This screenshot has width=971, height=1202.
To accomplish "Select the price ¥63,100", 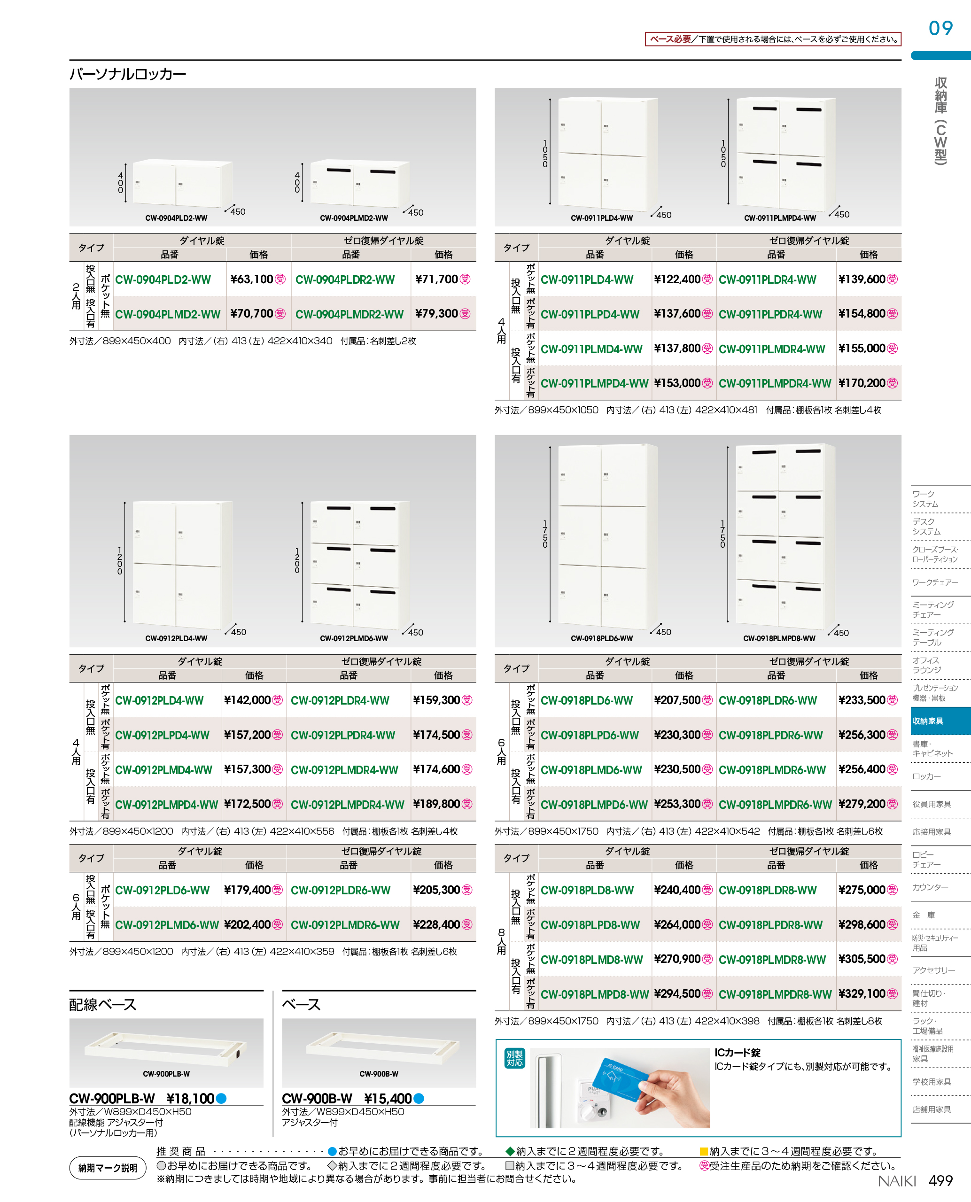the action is click(x=251, y=279).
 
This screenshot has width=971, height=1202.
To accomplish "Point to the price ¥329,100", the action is click(x=862, y=993).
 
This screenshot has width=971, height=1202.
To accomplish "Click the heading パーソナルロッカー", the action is click(x=127, y=74).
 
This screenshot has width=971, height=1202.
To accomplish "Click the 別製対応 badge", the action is click(x=514, y=1058).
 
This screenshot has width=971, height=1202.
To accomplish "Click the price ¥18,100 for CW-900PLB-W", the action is click(x=190, y=1099).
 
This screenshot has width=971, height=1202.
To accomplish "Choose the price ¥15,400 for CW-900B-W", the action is click(x=388, y=1099).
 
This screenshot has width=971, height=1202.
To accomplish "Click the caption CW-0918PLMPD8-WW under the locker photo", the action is click(x=779, y=638).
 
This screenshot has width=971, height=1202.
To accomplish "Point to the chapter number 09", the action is click(x=940, y=28).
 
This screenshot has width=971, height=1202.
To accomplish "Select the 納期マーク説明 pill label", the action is click(x=108, y=1168).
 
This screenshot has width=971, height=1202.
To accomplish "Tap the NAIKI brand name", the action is click(x=897, y=1181).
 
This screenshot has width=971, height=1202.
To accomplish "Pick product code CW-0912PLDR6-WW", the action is click(x=341, y=890).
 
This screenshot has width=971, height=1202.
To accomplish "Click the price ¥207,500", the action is click(x=677, y=700).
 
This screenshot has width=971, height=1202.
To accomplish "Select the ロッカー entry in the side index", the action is click(x=926, y=776).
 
